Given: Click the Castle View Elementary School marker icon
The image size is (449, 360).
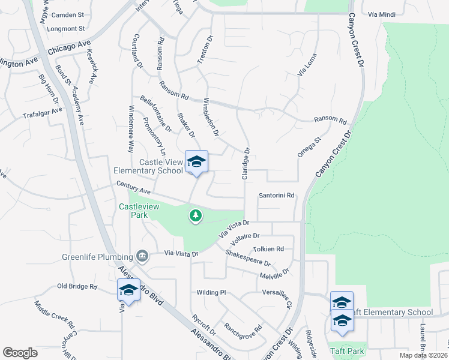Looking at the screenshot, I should [196, 161].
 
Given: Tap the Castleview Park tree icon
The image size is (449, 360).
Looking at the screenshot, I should [195, 215].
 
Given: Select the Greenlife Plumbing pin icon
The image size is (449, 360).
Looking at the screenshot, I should [142, 257].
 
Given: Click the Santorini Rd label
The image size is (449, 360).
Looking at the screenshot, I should [276, 196].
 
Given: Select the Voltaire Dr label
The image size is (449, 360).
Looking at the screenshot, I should [244, 236].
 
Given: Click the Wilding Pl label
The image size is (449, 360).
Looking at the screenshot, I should [211, 292].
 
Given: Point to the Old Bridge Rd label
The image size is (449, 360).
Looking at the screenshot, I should [77, 287].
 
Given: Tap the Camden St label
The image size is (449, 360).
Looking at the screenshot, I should [68, 14].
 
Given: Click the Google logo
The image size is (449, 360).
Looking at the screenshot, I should [20, 353].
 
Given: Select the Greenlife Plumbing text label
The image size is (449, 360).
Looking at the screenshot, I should [97, 258].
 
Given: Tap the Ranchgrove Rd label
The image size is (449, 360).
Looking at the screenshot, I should [243, 329].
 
